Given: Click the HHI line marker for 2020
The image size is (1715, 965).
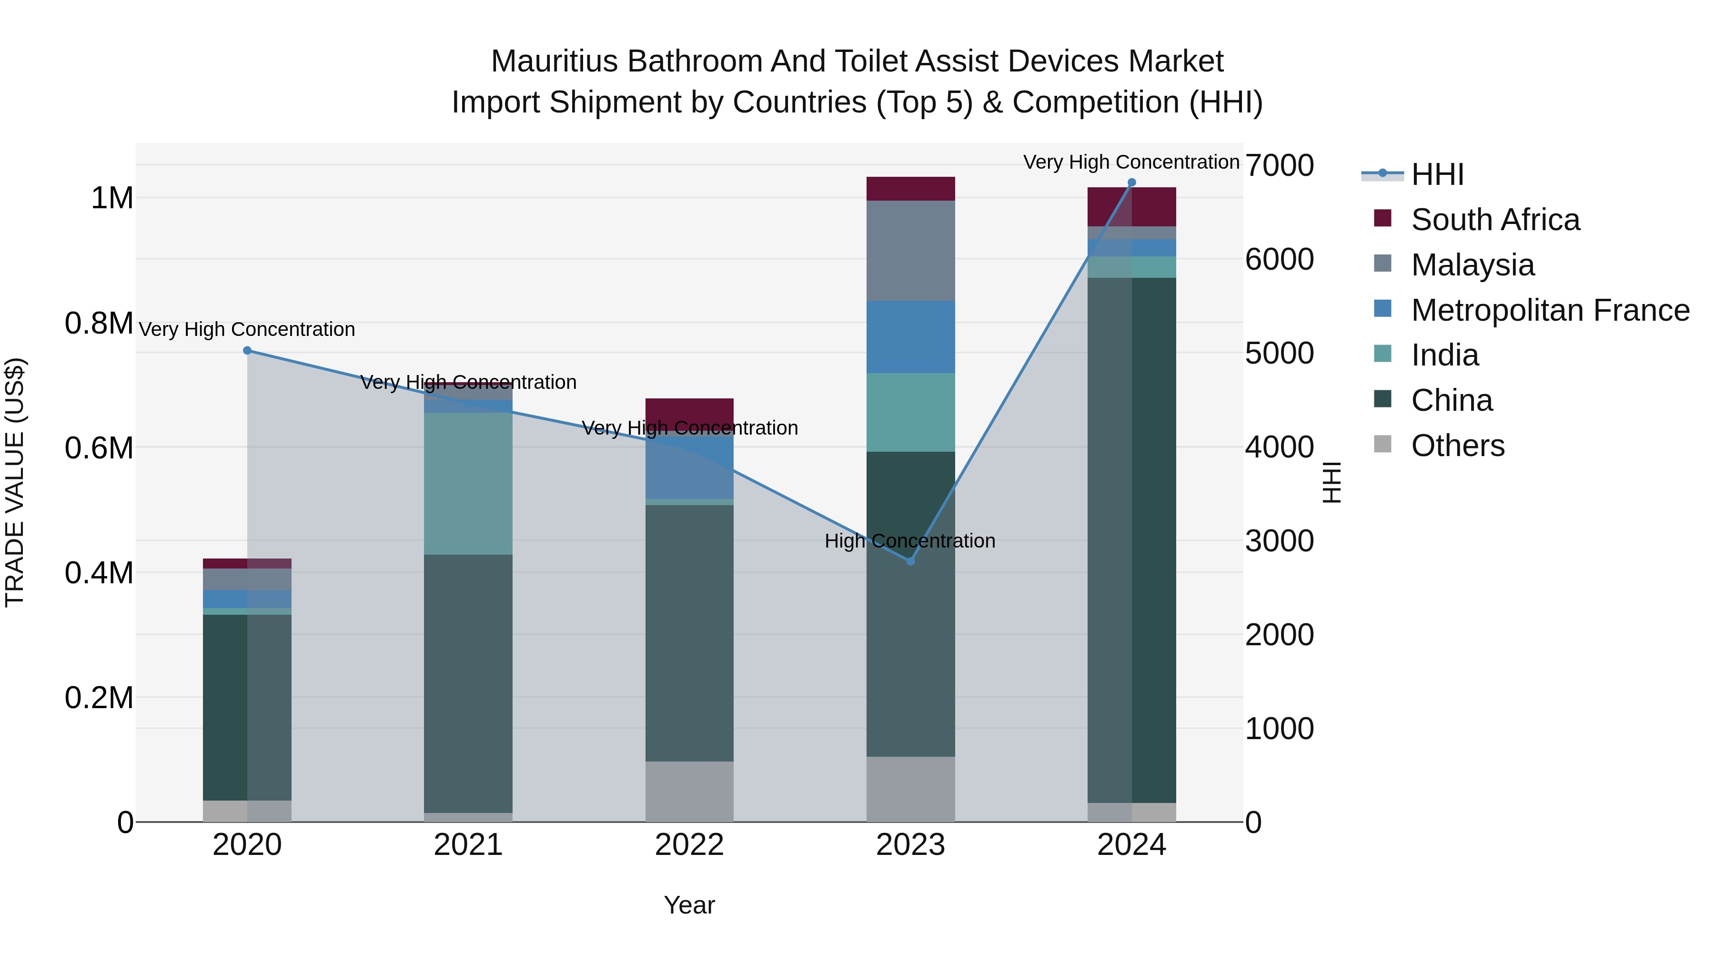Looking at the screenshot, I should click(x=247, y=350).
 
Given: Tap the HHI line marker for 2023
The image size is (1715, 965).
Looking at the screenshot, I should click(x=911, y=561).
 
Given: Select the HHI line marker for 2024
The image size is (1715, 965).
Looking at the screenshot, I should click(x=1132, y=183).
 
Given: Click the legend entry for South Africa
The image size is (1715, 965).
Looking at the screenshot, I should click(x=1494, y=220).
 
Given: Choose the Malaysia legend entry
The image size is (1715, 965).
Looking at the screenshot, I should click(x=1472, y=265).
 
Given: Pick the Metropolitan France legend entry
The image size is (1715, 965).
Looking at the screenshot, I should click(x=1550, y=310).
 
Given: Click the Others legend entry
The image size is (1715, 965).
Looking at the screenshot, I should click(x=1457, y=446).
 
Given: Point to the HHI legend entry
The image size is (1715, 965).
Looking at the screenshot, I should click(x=1437, y=174).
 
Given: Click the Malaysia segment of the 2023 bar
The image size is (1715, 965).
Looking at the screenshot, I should click(x=911, y=250).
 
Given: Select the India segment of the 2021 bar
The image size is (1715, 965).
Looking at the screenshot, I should click(x=468, y=484).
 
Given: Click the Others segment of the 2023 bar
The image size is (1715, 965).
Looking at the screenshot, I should click(x=911, y=789).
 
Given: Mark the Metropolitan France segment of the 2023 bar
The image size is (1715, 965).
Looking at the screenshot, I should click(x=911, y=337).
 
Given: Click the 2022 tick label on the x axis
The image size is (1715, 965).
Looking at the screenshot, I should click(x=690, y=845).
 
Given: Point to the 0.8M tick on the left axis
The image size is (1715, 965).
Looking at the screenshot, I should click(x=99, y=324).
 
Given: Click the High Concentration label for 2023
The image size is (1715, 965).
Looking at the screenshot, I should click(x=910, y=541).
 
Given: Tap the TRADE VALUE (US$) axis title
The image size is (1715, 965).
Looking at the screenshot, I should click(x=15, y=483).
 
